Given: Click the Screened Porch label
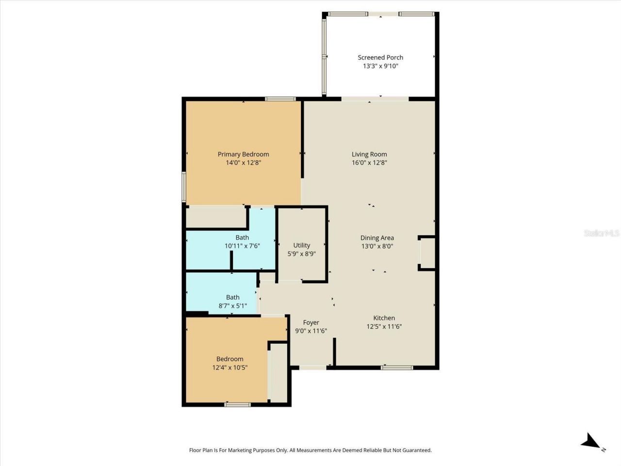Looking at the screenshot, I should pos(380,57).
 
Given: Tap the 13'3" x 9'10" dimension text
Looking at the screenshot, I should pos(380,66).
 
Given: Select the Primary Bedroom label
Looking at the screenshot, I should pos(243,154).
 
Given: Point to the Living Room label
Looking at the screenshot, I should pos(369,154).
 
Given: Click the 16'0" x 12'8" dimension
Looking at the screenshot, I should pos(369,163).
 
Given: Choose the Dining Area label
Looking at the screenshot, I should pos(377,238).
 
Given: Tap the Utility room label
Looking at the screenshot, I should pos(301,245).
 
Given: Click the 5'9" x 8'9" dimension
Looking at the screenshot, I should pos(301,254).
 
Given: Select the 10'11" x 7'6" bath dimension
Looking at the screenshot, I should pos(242,246).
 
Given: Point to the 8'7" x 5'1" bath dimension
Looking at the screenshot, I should pos(232,306).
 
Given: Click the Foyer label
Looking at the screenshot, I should pos(311,322).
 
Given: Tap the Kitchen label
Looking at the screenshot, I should pos(384,318).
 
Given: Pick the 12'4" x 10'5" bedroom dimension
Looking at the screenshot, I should pos(229,367).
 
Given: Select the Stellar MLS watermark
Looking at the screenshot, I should pos(602,233).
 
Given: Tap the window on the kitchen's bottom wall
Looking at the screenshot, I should pos(397,367).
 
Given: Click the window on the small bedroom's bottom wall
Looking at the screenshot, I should pos(238,404).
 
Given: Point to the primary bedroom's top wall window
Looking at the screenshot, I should pos(280,99).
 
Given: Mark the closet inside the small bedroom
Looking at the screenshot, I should pos(278,372).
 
